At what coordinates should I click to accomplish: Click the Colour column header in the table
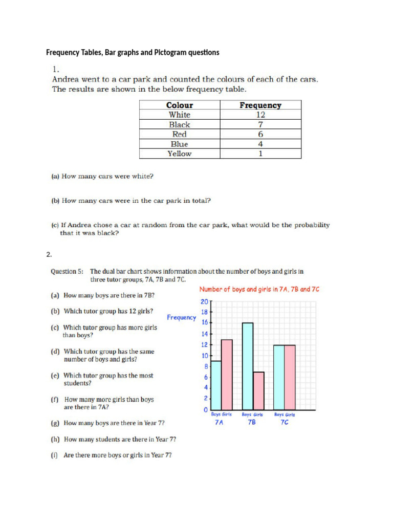pos(180,105)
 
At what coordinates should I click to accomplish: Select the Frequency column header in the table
pos(260,105)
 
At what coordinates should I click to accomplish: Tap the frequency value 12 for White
pos(260,115)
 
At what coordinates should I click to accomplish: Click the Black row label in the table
pos(180,125)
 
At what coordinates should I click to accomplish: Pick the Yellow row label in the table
pos(180,154)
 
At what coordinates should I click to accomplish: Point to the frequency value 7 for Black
pos(260,125)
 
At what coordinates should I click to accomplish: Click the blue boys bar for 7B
pos(248,366)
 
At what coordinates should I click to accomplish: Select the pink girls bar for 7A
pos(227,375)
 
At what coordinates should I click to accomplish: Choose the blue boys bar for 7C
pos(279,377)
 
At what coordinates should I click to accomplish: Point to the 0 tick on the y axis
pos(205,410)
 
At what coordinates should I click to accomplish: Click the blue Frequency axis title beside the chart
pos(181,317)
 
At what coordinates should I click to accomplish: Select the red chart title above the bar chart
pos(259,289)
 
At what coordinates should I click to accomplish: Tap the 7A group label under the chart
pos(219,423)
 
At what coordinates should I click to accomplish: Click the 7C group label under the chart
pos(284,423)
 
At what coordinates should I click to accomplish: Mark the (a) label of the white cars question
pos(55,177)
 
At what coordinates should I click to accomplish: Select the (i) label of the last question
pos(54,455)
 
